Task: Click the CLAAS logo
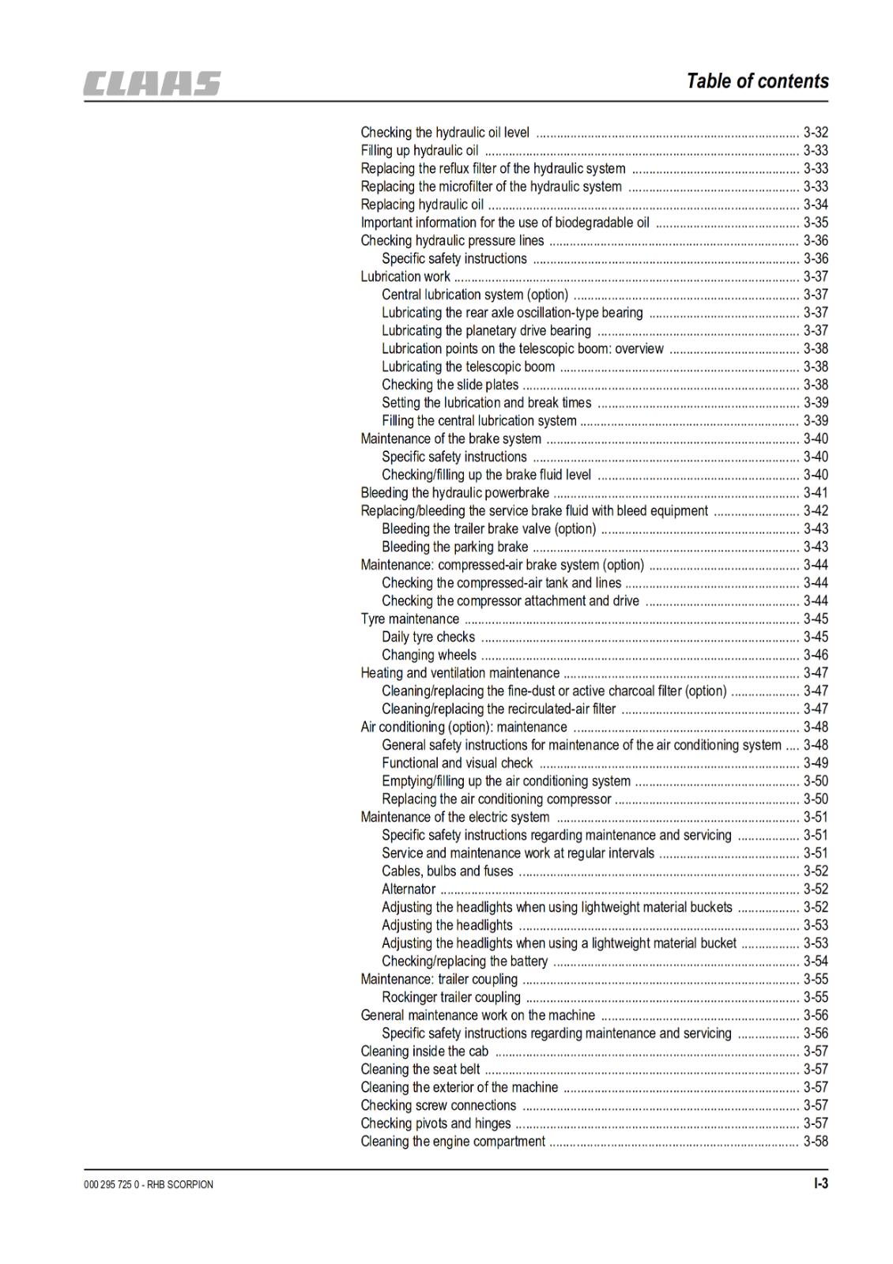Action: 153,84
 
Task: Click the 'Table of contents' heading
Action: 757,81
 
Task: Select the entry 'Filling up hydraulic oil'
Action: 419,150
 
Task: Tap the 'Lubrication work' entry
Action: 405,276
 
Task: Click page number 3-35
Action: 816,223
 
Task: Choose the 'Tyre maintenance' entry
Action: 409,619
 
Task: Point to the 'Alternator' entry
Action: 409,890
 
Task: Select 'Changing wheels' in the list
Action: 429,655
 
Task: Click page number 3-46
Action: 816,655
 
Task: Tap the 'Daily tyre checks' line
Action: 428,637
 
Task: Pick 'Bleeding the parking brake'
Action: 454,547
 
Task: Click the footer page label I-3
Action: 820,1183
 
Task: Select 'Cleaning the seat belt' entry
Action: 420,1070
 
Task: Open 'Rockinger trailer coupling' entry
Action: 451,998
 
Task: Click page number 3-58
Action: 816,1142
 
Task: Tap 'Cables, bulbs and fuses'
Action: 447,871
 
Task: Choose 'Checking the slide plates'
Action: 450,385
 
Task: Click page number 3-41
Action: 816,493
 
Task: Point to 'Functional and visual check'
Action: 457,763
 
